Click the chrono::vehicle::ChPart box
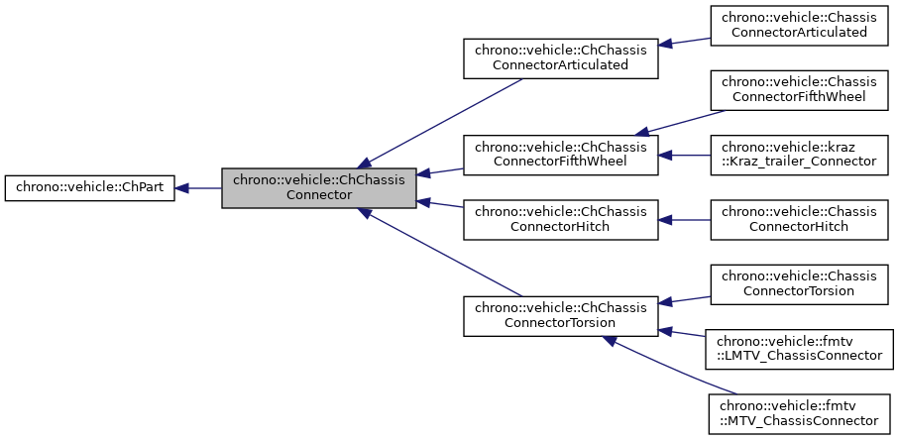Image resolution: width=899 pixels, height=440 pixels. tap(90, 187)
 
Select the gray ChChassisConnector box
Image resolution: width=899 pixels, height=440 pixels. tap(318, 187)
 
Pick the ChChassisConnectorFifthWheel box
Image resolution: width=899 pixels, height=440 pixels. tap(561, 154)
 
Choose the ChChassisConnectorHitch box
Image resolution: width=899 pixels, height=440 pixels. tap(561, 220)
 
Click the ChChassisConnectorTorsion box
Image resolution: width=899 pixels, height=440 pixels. tap(561, 315)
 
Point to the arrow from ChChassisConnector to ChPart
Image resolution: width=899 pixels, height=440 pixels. tap(198, 187)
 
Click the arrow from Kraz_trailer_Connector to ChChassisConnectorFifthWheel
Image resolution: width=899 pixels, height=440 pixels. tap(685, 155)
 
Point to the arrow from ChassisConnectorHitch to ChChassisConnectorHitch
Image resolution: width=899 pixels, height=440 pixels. tap(685, 220)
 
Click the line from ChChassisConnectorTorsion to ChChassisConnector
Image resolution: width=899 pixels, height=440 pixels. tap(441, 253)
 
